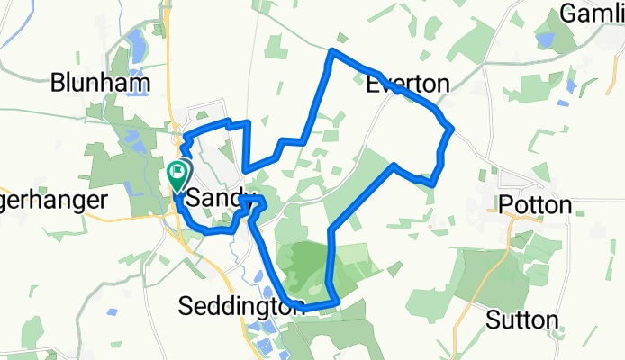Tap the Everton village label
pyautogui.click(x=408, y=85)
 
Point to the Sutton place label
pyautogui.click(x=521, y=319)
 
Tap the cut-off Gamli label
pyautogui.click(x=591, y=13)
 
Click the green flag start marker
pyautogui.click(x=178, y=172)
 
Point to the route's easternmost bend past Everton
pyautogui.click(x=450, y=129)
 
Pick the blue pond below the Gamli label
pyautogui.click(x=545, y=39)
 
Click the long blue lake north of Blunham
pyautogui.click(x=135, y=45)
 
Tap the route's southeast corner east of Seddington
pyautogui.click(x=335, y=301)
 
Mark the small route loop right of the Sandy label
pyautogui.click(x=253, y=208)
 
